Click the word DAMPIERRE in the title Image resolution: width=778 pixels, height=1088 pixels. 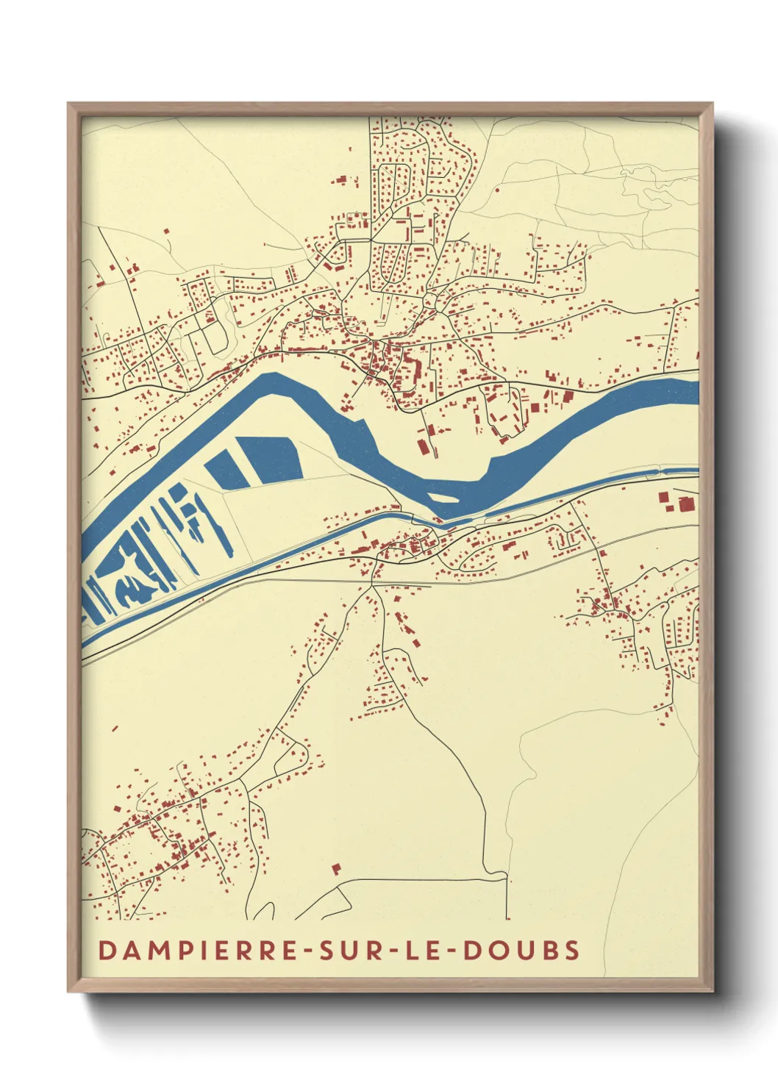tap(196, 950)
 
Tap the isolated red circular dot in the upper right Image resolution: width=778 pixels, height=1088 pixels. tap(498, 190)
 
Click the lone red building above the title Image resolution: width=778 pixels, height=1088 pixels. tap(337, 869)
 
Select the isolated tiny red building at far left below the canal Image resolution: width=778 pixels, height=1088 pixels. tap(115, 729)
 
